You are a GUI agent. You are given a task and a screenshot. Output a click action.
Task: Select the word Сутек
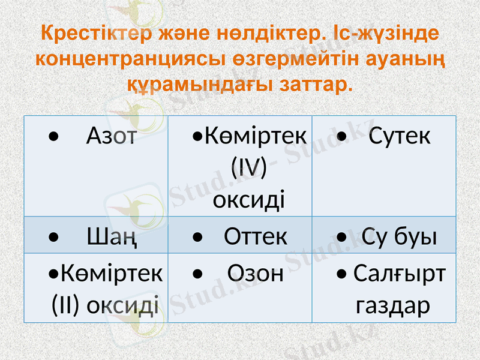tap(400, 137)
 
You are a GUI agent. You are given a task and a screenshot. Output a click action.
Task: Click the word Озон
tap(256, 274)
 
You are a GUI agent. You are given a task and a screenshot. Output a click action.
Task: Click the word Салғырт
tap(400, 274)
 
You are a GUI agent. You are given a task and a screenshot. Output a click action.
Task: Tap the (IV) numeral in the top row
tap(249, 167)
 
